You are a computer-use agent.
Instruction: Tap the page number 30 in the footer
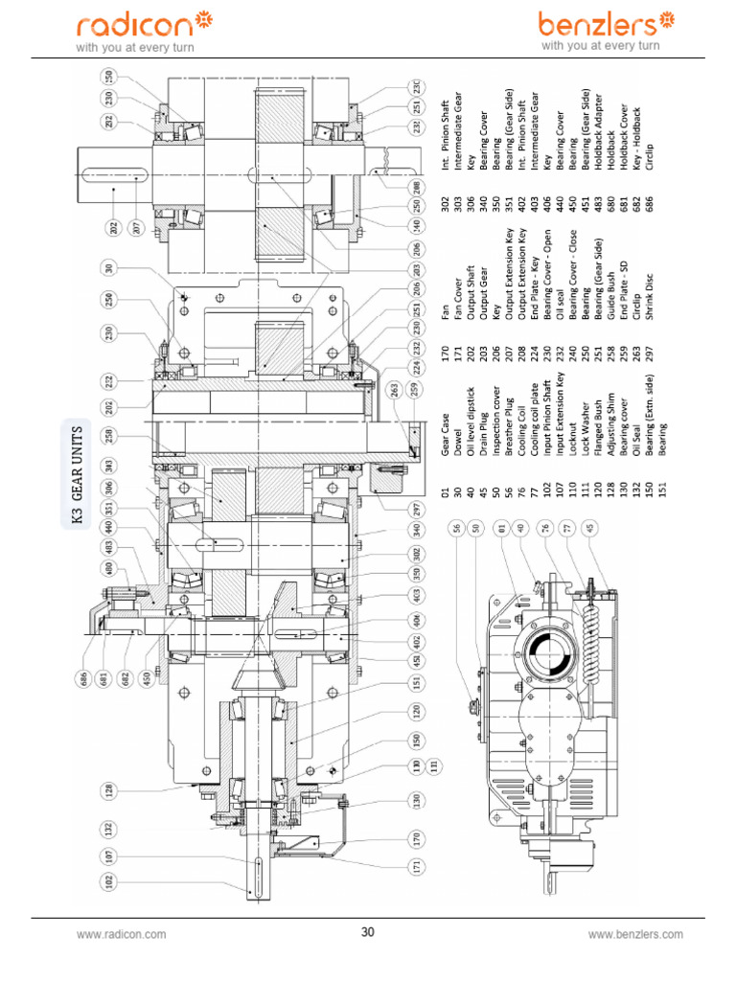(x=367, y=932)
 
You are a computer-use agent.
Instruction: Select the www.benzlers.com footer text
(x=635, y=933)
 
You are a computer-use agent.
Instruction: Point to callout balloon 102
(x=108, y=878)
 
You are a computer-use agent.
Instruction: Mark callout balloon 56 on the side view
(x=458, y=527)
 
